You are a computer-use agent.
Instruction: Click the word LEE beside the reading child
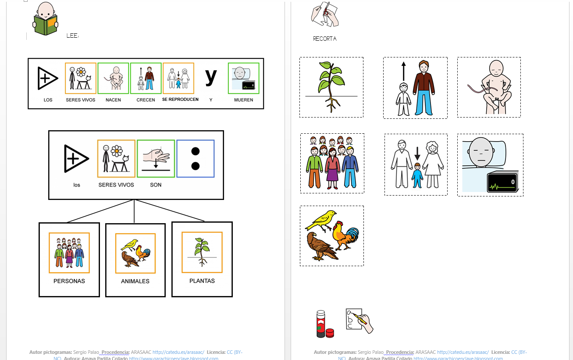[x=72, y=36]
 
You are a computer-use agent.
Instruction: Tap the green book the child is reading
[x=46, y=25]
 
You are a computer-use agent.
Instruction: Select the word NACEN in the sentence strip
[x=113, y=100]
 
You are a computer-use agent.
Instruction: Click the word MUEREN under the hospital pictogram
[x=243, y=100]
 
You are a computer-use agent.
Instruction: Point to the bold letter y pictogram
[x=211, y=76]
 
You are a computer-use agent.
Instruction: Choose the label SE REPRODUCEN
[x=180, y=100]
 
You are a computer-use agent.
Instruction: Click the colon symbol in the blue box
[x=196, y=159]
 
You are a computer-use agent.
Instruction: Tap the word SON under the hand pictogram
[x=156, y=185]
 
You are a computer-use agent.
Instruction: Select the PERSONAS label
[x=69, y=281]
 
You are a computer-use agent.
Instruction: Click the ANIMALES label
[x=135, y=282]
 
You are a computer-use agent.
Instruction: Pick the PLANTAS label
[x=202, y=281]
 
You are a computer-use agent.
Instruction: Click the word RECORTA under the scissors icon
[x=325, y=39]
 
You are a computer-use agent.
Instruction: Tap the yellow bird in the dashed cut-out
[x=322, y=219]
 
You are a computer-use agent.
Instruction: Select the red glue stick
[x=321, y=324]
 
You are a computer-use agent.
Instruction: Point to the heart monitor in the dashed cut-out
[x=502, y=182]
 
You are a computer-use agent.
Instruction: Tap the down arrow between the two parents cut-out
[x=417, y=154]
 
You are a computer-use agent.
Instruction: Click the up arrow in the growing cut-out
[x=404, y=70]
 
